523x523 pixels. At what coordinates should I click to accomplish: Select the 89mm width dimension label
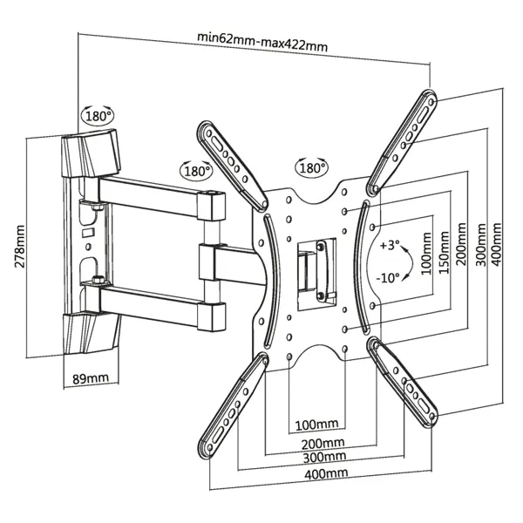tap(90, 377)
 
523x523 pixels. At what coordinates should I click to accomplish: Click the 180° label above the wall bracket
tap(98, 115)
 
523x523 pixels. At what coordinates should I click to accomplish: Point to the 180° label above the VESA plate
tap(311, 166)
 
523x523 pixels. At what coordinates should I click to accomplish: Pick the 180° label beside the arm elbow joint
tap(196, 170)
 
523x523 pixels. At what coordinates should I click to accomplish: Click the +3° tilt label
tap(391, 246)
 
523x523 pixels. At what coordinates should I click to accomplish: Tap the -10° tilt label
tap(390, 277)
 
